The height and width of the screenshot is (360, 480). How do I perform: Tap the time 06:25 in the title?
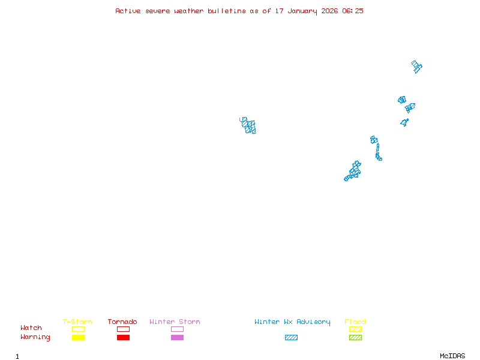353,11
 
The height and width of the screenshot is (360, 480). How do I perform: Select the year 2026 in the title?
329,11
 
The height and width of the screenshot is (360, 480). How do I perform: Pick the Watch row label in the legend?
31,328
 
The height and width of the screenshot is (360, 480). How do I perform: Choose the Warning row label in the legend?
35,337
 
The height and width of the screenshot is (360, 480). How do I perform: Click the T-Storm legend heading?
77,322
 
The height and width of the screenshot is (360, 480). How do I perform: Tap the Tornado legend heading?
122,322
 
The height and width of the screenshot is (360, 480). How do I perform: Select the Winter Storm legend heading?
175,322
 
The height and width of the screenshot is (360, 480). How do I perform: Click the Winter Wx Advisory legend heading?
292,322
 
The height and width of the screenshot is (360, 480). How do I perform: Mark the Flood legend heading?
355,322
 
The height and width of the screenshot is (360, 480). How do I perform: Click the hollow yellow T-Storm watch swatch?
78,329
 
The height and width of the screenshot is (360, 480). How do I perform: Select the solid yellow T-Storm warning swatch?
78,337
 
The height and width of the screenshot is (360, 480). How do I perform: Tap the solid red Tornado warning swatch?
123,337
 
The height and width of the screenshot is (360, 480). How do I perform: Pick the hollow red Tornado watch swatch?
123,329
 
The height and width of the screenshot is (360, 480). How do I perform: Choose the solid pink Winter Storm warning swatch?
177,337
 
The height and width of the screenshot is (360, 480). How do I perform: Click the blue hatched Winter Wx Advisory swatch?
291,337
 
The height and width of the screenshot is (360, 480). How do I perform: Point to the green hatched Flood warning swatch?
355,337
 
